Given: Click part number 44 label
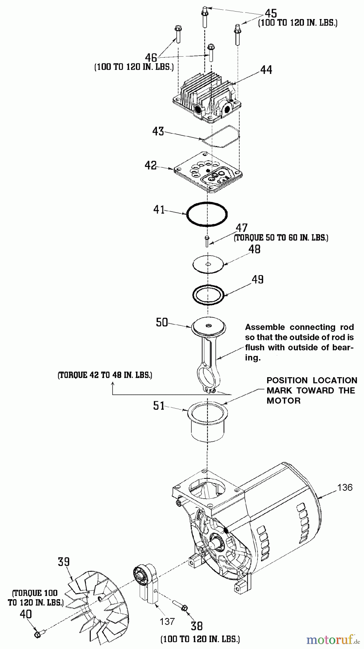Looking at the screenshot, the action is click(x=266, y=70).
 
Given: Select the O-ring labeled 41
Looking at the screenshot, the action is click(x=207, y=214).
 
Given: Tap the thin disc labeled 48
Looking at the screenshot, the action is click(x=208, y=264).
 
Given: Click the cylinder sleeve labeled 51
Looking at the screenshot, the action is click(x=207, y=421).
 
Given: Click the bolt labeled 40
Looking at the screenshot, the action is click(x=39, y=633).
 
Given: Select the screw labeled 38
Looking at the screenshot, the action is click(x=181, y=605).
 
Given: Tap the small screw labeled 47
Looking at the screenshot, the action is click(x=207, y=241).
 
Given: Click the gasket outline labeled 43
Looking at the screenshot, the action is click(x=221, y=136).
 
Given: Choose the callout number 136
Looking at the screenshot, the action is click(x=345, y=487).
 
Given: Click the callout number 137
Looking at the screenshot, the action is click(x=167, y=621).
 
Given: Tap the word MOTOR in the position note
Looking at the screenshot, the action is click(x=283, y=401).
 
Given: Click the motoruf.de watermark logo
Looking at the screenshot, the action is click(x=333, y=640).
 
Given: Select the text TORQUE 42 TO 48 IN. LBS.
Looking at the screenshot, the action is click(x=105, y=375).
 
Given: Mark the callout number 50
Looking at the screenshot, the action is click(x=162, y=322).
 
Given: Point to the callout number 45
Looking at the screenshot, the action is click(x=271, y=13).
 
